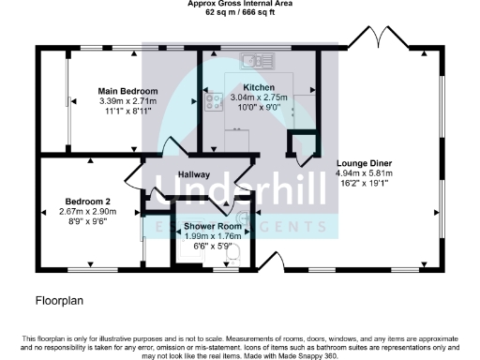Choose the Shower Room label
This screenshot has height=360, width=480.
point(213,226)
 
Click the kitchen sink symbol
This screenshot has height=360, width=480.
point(255,62)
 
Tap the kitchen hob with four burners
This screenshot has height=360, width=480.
point(212,97)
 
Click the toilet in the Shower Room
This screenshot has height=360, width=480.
point(234,254)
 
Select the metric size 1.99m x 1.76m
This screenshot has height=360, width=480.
point(213,236)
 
